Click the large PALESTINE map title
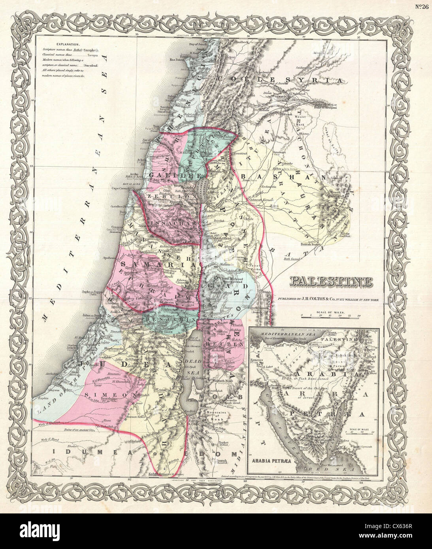(x=331, y=282)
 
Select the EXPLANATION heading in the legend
(x=68, y=45)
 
